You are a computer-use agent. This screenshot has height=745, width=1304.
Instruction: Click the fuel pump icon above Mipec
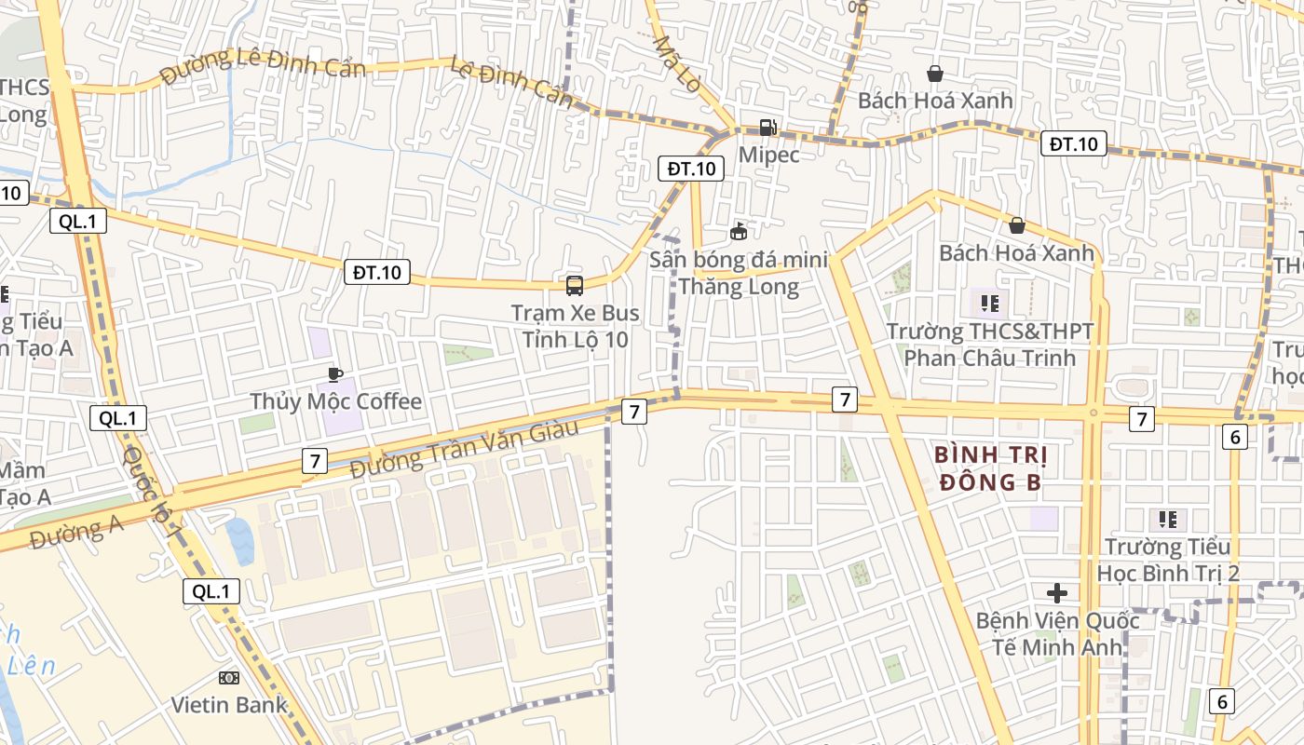pos(767,128)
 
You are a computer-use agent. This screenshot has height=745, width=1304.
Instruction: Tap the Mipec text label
pos(768,154)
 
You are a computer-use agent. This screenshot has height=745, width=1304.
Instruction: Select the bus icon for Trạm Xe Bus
pos(575,286)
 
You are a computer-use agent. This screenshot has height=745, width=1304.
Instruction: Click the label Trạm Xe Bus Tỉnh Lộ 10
pos(575,326)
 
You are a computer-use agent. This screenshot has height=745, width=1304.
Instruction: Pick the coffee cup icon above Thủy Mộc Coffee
pos(335,374)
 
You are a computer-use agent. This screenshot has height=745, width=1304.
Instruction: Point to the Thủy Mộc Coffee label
pos(335,401)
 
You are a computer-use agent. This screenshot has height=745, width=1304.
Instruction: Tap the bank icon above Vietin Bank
pos(228,678)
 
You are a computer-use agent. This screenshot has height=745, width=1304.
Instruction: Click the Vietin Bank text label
pos(228,705)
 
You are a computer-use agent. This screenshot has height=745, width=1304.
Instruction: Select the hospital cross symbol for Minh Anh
pos(1056,593)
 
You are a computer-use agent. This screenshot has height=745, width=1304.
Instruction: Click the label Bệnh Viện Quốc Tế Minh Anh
pos(1056,633)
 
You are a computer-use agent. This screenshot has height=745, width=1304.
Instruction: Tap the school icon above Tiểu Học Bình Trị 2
pos(1167,520)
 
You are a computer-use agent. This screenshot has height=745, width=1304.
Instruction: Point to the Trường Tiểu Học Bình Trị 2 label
pos(1168,560)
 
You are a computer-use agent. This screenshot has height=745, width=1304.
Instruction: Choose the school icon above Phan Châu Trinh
pos(989,304)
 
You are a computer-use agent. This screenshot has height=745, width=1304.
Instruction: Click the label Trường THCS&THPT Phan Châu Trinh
pos(989,345)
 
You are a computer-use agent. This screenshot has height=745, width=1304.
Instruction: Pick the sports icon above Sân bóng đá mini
pos(739,231)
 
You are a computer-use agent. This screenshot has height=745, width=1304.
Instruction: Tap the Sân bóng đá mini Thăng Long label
pos(739,273)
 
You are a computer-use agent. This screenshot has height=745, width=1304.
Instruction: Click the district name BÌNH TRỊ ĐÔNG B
pos(991,468)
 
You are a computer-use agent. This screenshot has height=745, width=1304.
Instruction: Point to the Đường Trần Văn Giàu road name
pos(465,450)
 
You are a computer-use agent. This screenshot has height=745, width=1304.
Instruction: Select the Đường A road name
pos(75,534)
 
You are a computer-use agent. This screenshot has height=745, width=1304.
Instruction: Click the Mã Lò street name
pos(676,63)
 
